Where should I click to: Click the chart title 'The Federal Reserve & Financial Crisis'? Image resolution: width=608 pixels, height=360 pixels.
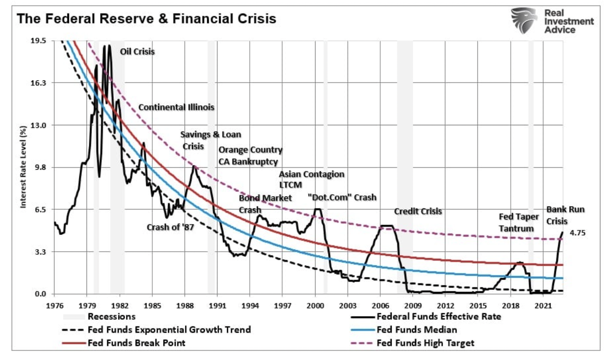pos(146,19)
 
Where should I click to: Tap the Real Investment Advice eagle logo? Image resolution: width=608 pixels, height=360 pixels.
pos(524,20)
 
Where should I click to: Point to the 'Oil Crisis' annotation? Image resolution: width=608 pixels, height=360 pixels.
pos(137,51)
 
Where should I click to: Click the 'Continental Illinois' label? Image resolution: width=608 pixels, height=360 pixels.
pos(176,107)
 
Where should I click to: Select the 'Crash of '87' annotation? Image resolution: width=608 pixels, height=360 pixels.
pos(170,227)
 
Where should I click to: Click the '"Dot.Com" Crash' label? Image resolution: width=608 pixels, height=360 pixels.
pos(342,197)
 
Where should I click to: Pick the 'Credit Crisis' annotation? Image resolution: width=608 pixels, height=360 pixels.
pos(418,211)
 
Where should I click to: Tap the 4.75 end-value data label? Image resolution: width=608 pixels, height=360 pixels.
pos(577,232)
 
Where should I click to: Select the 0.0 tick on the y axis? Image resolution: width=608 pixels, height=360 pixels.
pos(40,294)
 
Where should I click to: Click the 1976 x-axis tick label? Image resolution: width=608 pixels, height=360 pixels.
pos(54,305)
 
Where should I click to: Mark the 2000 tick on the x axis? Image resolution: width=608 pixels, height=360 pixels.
pos(315,305)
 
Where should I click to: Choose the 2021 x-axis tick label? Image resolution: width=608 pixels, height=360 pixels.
pos(543,305)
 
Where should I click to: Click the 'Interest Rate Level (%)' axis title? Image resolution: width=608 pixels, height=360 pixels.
pos(23,167)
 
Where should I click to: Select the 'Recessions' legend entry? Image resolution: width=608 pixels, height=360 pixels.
pos(111,317)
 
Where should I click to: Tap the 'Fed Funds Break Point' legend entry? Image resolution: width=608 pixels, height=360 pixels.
pos(136,343)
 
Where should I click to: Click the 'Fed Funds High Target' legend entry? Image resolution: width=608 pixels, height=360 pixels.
pos(425,343)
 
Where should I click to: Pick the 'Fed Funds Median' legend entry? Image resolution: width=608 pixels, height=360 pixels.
pos(417,330)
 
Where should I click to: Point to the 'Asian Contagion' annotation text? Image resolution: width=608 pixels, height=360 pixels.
pos(311,174)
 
